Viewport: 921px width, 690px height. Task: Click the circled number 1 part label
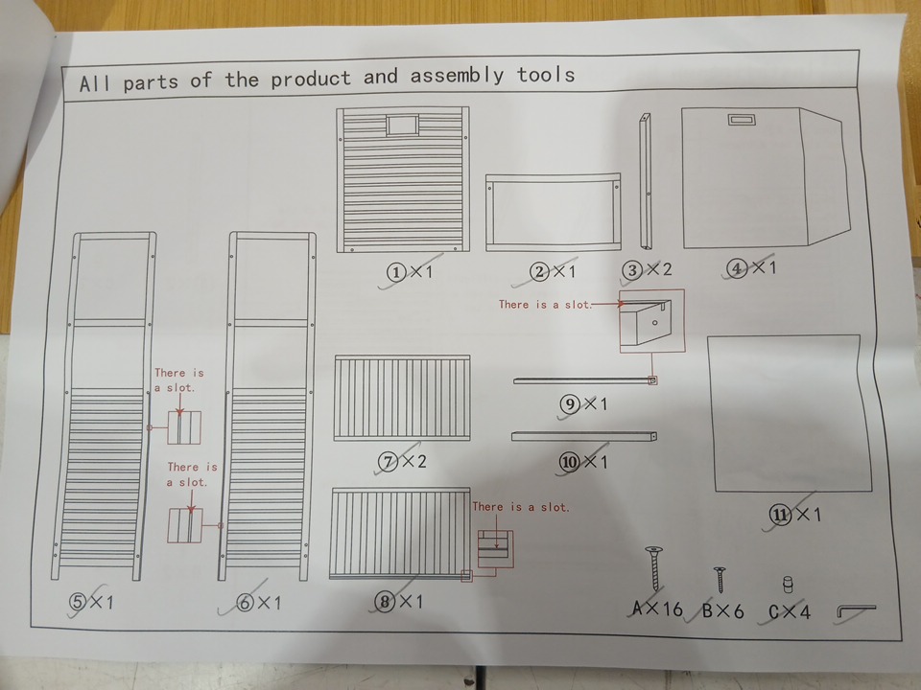tap(396, 272)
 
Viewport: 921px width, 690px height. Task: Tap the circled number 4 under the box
tap(737, 268)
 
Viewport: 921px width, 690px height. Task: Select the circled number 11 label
tap(780, 516)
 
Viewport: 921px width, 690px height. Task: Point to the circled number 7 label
tap(388, 462)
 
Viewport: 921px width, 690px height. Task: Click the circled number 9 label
tap(570, 404)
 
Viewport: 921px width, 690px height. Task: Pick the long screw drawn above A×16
tap(654, 568)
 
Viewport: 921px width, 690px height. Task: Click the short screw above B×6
tap(720, 580)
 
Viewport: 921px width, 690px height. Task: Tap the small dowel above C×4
tap(788, 585)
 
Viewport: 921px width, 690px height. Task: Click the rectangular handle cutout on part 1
tap(402, 125)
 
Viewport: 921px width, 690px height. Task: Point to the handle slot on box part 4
tap(742, 120)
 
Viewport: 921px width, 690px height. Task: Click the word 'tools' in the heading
tap(546, 75)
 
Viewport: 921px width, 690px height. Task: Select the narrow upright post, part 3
tap(645, 181)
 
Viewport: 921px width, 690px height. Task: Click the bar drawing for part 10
tap(584, 436)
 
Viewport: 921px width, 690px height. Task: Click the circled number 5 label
tap(79, 602)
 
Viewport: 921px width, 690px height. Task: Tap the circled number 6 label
tap(246, 603)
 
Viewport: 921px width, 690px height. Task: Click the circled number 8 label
tap(385, 602)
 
